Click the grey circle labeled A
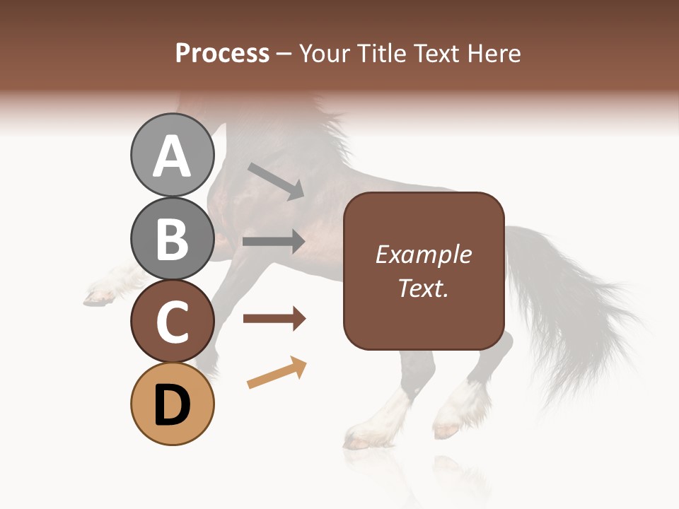click(x=172, y=156)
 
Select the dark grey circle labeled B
click(x=172, y=238)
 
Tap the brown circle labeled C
click(x=172, y=321)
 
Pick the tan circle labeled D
click(x=172, y=404)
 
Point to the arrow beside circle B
click(x=274, y=241)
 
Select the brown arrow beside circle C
click(x=274, y=319)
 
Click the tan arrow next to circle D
click(x=277, y=373)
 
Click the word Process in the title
click(x=222, y=53)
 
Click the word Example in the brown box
click(x=423, y=255)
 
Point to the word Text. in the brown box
click(x=423, y=288)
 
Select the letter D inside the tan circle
click(x=172, y=405)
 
